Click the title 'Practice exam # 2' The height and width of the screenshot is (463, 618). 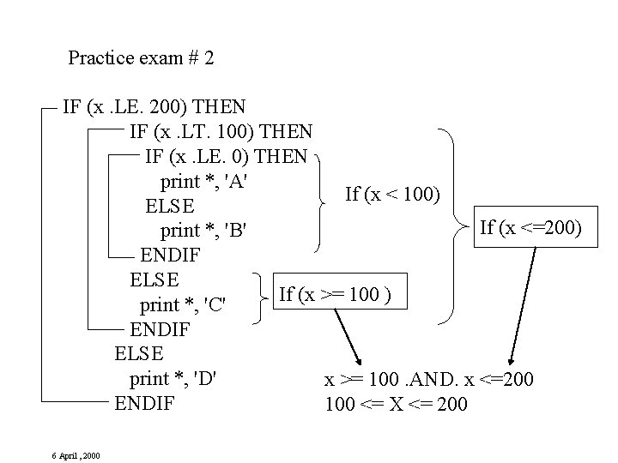click(x=142, y=58)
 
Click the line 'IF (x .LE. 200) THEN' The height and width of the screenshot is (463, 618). click(x=154, y=108)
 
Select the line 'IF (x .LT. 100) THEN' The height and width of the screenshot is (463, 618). click(x=221, y=133)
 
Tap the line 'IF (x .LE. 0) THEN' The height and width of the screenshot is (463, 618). click(x=227, y=157)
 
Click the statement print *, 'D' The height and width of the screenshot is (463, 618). click(x=179, y=378)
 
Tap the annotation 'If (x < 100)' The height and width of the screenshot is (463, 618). click(x=393, y=195)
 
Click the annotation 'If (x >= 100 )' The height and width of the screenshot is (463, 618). click(x=335, y=294)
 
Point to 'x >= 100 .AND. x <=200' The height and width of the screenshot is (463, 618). click(x=428, y=378)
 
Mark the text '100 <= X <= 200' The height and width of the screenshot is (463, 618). click(x=397, y=403)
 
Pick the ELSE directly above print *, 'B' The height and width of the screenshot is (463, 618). click(x=170, y=207)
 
